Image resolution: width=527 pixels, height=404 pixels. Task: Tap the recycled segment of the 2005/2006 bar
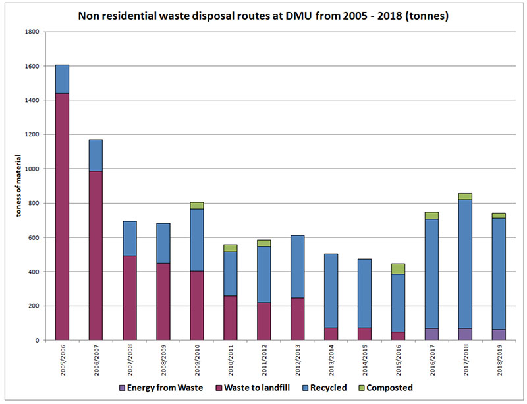pyautogui.click(x=63, y=79)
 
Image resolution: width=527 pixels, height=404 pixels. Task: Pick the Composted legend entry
pyautogui.click(x=387, y=388)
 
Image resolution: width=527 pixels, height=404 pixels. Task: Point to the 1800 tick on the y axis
pyautogui.click(x=32, y=32)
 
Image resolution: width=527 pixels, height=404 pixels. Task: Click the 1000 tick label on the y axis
pyautogui.click(x=32, y=169)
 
